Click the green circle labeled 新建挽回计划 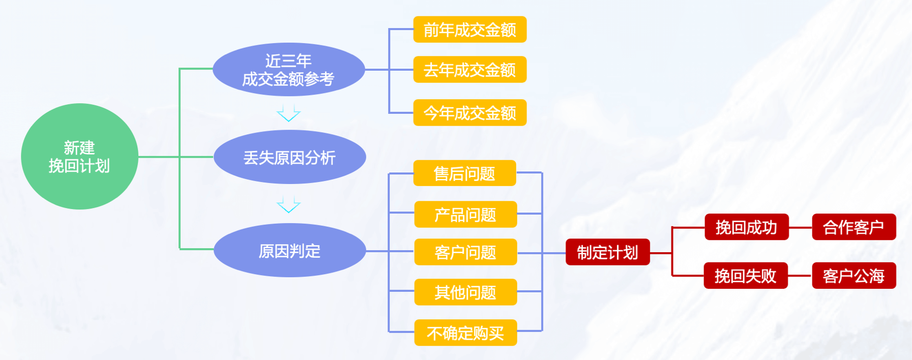coord(79,157)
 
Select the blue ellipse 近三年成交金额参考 coord(288,70)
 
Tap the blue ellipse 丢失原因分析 coord(289,157)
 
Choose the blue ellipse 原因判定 coord(289,251)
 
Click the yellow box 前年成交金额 coord(469,29)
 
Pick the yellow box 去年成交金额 coord(469,70)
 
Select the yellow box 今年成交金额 coord(469,112)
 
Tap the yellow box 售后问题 coord(464,173)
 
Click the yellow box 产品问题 coord(465,215)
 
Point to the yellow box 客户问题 coord(465,252)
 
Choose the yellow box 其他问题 coord(465,292)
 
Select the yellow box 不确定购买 coord(465,333)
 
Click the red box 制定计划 coord(607,252)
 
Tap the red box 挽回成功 coord(746,227)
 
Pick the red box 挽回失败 coord(746,276)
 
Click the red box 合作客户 coord(854,227)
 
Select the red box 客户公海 coord(854,276)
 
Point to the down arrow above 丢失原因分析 coord(288,113)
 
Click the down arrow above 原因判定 coord(288,204)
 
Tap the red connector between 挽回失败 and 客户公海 coord(800,276)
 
